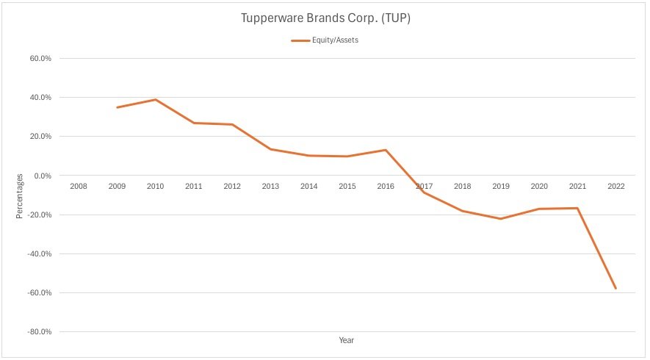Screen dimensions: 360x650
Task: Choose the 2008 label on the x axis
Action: click(x=79, y=187)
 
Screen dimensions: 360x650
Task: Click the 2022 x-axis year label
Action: click(x=616, y=187)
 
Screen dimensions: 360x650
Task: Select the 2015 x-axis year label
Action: click(x=347, y=187)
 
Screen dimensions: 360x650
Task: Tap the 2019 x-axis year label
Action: click(x=501, y=187)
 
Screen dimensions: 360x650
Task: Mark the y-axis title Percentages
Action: click(x=19, y=195)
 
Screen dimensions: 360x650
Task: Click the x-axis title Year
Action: click(x=347, y=340)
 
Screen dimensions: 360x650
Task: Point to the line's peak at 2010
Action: click(x=156, y=99)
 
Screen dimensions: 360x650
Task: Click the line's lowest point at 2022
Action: click(x=616, y=289)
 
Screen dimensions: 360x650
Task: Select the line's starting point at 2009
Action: click(x=117, y=107)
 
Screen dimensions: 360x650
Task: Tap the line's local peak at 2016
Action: click(x=386, y=150)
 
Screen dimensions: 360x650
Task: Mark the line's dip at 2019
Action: click(x=501, y=219)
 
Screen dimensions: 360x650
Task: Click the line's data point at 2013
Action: click(x=270, y=149)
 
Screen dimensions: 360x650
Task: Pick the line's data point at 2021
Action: click(x=578, y=208)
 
